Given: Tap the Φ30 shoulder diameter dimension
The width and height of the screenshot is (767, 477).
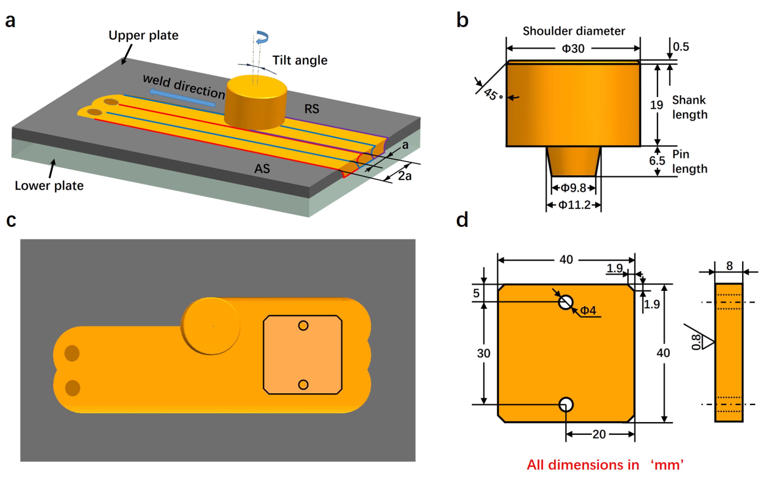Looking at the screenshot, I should (573, 49).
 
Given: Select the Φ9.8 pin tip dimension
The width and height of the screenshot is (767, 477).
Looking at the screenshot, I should (573, 188).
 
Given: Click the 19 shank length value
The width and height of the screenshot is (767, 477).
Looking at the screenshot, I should (656, 105).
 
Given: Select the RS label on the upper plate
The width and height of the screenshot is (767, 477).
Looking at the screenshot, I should (311, 109).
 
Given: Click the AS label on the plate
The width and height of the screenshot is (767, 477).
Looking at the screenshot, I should (262, 169).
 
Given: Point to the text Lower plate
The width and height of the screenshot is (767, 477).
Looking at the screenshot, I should (49, 186).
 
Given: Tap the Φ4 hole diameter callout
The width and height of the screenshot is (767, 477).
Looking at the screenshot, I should (588, 310).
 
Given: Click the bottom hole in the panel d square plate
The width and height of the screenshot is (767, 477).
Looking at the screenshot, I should (566, 404).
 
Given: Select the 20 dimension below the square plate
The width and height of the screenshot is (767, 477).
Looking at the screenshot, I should (599, 434).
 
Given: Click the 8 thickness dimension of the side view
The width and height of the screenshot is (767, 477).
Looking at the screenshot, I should (729, 266).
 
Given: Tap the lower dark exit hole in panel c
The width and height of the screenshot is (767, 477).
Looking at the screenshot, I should (73, 388).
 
